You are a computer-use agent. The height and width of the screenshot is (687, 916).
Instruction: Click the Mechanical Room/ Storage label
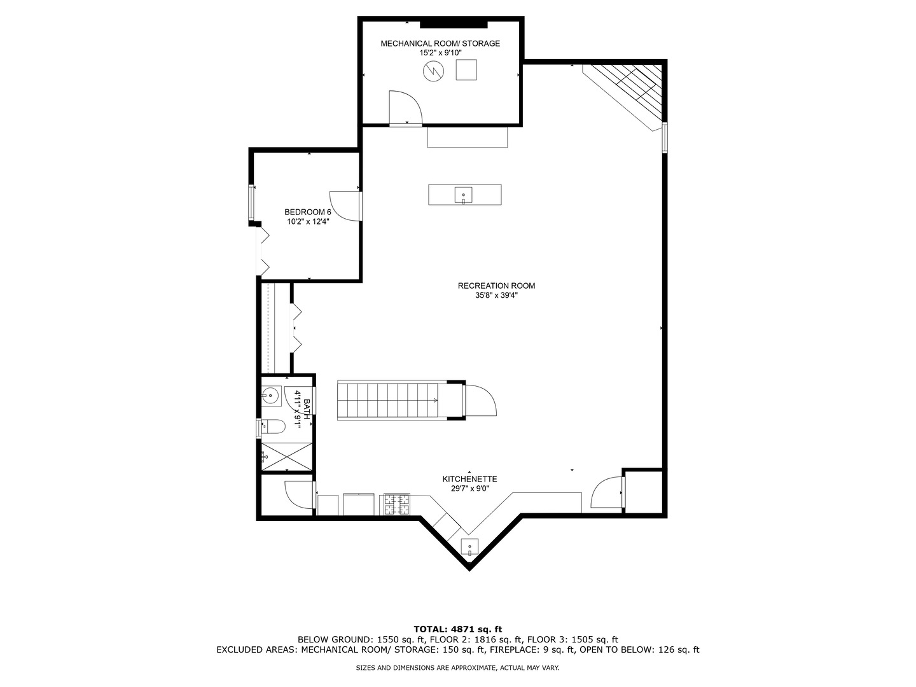tap(440, 44)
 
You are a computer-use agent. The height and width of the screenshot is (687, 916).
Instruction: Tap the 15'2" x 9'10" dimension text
tap(440, 53)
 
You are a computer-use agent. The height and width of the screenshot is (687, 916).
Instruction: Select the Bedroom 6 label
tap(308, 212)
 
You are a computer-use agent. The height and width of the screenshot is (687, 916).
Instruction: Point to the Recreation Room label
tap(496, 286)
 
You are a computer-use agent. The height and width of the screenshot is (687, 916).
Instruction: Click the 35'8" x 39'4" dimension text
tap(496, 295)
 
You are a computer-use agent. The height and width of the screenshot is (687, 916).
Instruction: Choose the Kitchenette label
tap(469, 479)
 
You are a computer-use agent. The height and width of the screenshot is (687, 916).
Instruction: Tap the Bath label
tap(307, 408)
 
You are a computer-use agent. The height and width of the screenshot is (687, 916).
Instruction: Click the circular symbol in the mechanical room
tap(433, 71)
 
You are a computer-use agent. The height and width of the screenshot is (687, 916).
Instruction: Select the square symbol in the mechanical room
tap(466, 69)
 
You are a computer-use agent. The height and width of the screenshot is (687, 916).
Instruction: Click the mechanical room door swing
tap(405, 107)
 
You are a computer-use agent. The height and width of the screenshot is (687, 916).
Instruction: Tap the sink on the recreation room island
tap(464, 195)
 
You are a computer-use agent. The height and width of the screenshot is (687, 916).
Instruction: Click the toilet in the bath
tap(273, 426)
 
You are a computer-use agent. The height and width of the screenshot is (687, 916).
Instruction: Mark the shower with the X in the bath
tap(286, 456)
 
